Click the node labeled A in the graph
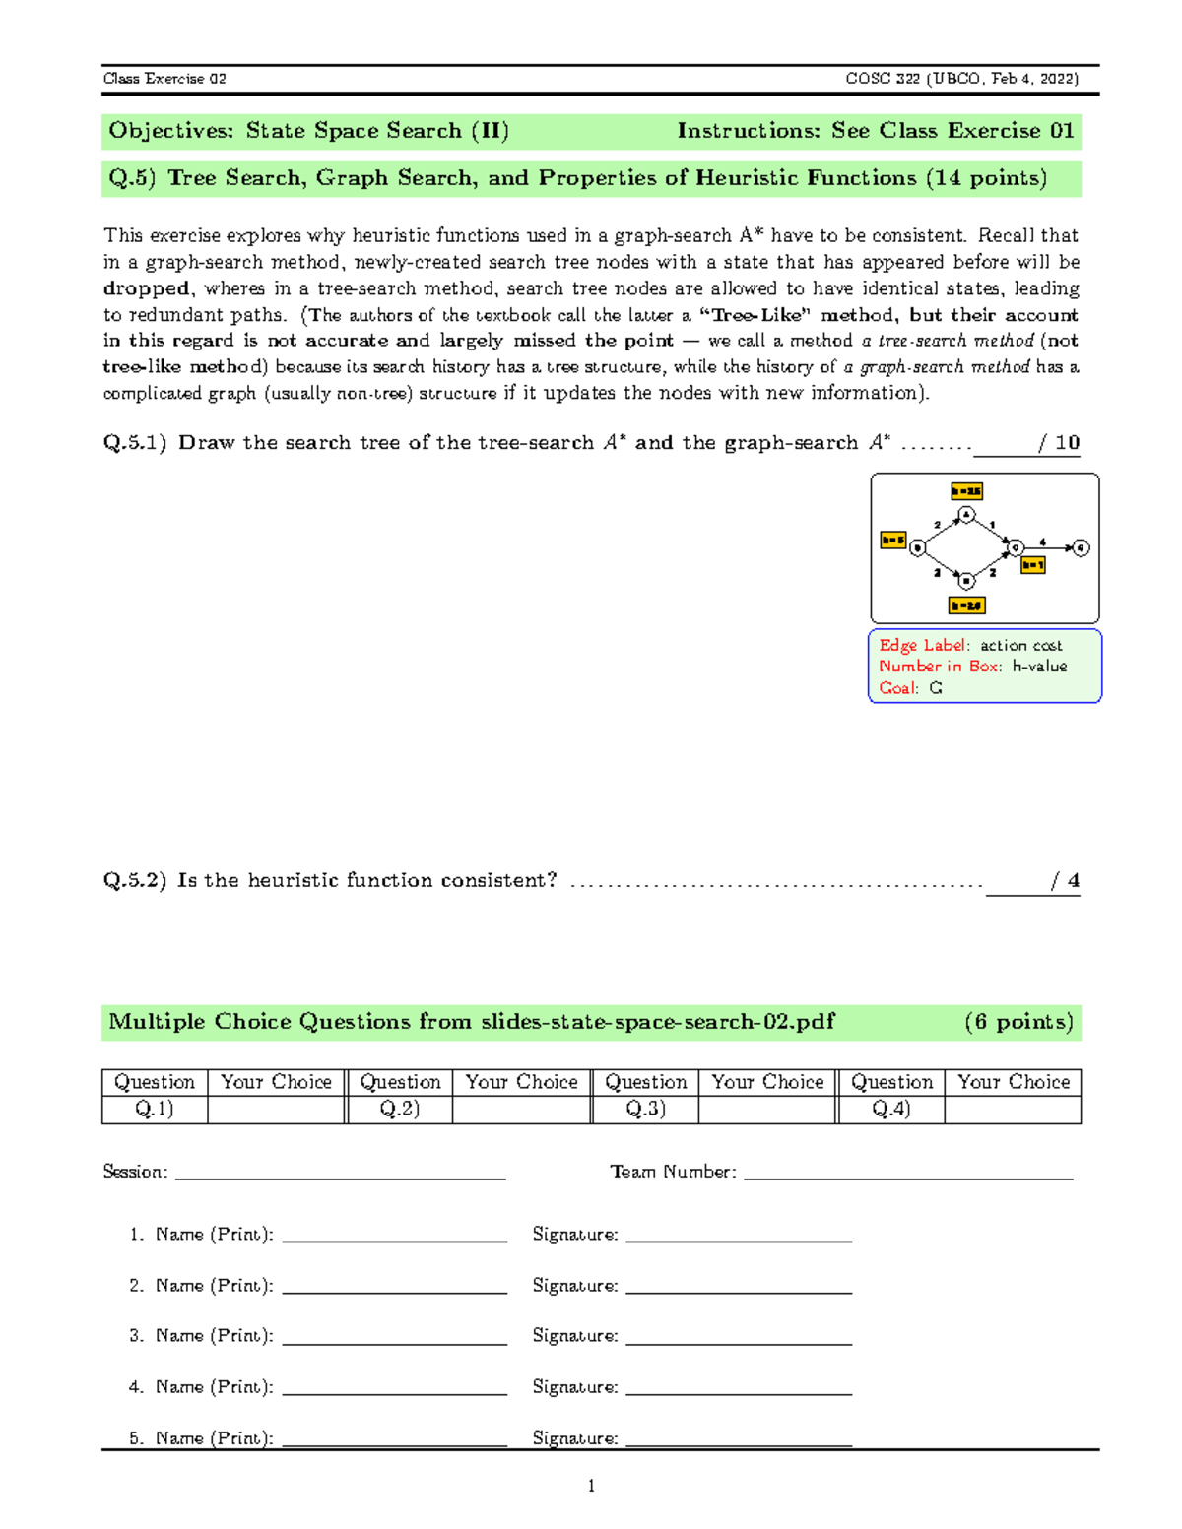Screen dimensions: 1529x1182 [x=966, y=515]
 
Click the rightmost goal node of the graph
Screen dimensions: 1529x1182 [x=1081, y=548]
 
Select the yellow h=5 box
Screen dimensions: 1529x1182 [x=892, y=541]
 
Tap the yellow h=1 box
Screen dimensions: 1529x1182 [x=1032, y=565]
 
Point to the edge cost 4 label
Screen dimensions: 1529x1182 [x=1043, y=542]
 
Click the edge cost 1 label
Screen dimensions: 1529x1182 [x=993, y=525]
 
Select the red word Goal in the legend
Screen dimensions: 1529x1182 [x=897, y=688]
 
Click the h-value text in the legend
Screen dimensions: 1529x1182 [x=1039, y=667]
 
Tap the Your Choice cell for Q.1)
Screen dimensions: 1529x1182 [x=276, y=1109]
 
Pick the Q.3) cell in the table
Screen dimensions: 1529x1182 [x=645, y=1109]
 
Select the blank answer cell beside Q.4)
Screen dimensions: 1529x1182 [x=1013, y=1109]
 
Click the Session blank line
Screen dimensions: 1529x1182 [x=340, y=1172]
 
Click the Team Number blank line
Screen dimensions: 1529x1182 [x=907, y=1172]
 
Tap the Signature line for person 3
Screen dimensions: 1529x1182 [x=738, y=1336]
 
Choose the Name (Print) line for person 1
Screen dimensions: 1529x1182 [x=394, y=1235]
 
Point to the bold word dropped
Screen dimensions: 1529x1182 [x=147, y=288]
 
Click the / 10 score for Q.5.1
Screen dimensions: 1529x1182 [x=1059, y=443]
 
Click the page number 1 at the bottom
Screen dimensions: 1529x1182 [x=591, y=1486]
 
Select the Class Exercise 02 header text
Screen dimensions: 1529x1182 [x=164, y=79]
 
